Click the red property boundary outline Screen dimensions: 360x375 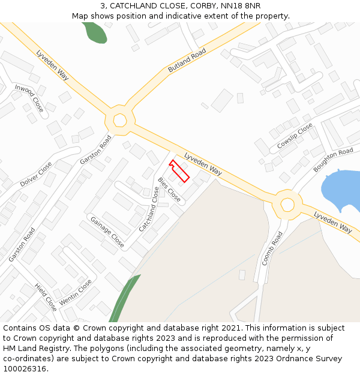pos(179,170)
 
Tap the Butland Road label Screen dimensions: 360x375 pos(187,61)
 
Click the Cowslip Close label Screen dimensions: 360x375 pos(295,137)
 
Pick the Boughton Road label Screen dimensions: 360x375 pos(333,160)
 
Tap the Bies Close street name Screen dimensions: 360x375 pos(169,189)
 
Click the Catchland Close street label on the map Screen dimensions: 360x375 pos(149,209)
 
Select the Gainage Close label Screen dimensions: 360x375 pos(107,232)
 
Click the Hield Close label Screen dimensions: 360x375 pos(46,297)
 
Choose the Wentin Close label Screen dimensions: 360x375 pos(76,292)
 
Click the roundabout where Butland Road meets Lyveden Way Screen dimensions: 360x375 pos(120,120)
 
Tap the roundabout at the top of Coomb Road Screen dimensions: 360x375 pos(287,205)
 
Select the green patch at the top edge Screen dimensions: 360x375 pos(95,32)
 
